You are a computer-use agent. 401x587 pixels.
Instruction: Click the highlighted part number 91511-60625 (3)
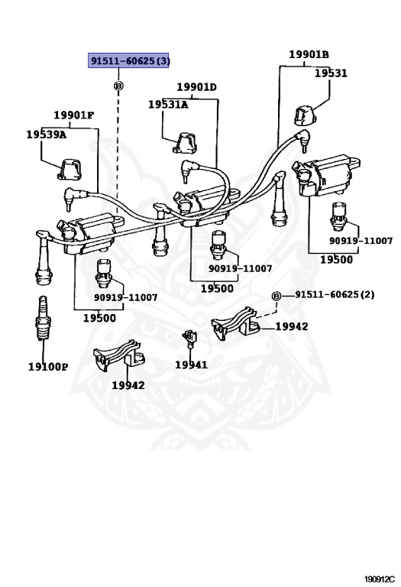[128, 60]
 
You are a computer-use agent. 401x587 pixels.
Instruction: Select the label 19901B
[309, 55]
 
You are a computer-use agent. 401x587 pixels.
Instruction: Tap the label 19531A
[168, 105]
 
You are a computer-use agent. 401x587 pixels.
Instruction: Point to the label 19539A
[47, 135]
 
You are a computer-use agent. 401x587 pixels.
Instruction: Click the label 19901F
[73, 115]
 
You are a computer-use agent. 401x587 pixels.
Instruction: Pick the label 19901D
[197, 87]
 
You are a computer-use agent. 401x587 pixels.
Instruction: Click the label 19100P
[48, 367]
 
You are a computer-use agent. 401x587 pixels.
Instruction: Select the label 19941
[191, 365]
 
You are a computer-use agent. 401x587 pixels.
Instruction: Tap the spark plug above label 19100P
[43, 318]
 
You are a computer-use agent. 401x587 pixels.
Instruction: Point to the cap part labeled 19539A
[70, 169]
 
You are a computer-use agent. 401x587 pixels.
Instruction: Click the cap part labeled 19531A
[185, 143]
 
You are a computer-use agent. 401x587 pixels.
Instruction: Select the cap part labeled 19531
[306, 115]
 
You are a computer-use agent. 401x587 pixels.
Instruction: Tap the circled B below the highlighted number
[118, 86]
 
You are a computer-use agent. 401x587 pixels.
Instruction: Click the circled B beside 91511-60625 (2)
[276, 297]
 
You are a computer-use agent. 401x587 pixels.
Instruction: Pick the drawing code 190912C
[380, 579]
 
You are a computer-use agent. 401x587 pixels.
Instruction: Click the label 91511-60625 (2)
[335, 294]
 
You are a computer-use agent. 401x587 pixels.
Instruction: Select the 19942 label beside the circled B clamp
[292, 326]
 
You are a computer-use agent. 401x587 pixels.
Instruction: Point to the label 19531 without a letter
[331, 73]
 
